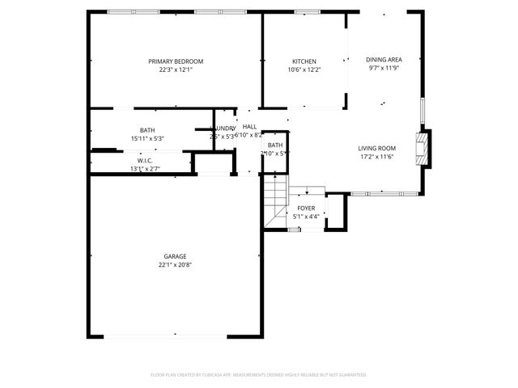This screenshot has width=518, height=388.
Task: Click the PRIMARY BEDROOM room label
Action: [175, 61]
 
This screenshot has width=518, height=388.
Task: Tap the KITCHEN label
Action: [304, 61]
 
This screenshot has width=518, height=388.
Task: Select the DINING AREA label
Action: [384, 59]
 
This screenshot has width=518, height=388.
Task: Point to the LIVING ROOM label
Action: [376, 148]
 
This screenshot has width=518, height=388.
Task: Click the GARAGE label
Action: [175, 256]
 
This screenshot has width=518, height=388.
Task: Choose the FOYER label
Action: [306, 208]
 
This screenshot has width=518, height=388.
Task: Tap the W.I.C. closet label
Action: [145, 161]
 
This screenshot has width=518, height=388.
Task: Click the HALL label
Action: [249, 127]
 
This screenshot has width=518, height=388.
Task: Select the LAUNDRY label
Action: [223, 129]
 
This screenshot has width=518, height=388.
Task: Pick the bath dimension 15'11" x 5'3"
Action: [147, 138]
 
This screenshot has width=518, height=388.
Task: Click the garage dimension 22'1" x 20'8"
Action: [175, 264]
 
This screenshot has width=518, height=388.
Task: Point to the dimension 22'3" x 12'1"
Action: [175, 70]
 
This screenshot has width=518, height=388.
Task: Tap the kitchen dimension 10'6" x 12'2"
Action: [304, 70]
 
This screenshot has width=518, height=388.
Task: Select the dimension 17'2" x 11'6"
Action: [376, 156]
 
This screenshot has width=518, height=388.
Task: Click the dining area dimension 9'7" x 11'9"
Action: [384, 67]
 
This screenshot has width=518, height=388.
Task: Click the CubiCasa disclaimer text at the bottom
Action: [259, 374]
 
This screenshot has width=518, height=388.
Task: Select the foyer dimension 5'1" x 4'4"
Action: [306, 216]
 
